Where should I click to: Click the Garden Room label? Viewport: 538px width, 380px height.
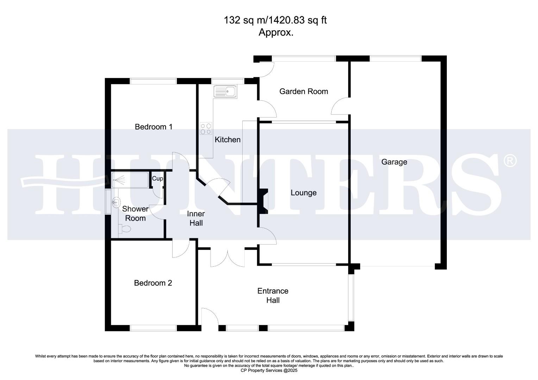(x=304, y=91)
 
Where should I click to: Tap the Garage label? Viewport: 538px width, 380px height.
(x=394, y=162)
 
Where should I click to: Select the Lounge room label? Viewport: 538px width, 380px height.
(x=303, y=193)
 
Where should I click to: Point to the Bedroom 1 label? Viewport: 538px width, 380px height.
(x=154, y=127)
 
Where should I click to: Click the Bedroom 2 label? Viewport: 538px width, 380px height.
(x=153, y=283)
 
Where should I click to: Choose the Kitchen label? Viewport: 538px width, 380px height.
(x=227, y=140)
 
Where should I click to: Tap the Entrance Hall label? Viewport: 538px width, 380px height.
(x=273, y=296)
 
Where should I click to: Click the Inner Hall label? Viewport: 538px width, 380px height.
(x=196, y=218)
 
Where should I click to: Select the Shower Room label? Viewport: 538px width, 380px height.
(x=135, y=214)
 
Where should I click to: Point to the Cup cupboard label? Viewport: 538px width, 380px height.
(x=157, y=179)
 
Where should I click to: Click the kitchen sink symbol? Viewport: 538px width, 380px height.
(x=225, y=91)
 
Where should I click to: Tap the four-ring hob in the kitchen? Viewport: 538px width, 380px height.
(x=206, y=129)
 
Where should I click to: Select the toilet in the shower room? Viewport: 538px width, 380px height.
(x=124, y=229)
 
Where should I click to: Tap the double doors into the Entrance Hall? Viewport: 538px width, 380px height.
(x=227, y=258)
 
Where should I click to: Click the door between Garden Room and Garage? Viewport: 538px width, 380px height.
(x=340, y=106)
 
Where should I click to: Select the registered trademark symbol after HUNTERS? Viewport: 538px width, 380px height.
(x=510, y=161)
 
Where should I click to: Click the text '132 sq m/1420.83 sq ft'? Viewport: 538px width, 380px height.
(x=275, y=20)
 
